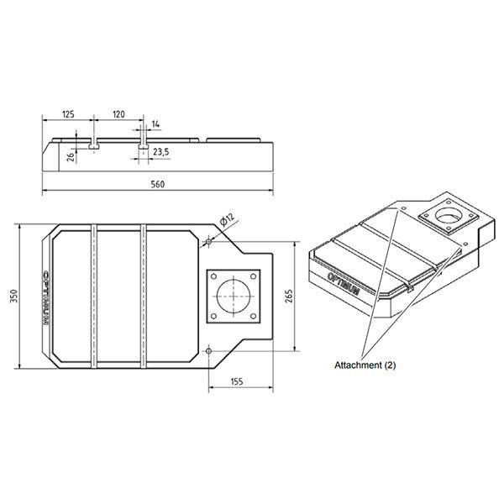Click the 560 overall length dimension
click(158, 185)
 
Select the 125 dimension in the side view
click(68, 114)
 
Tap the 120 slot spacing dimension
click(118, 114)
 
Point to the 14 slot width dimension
click(155, 124)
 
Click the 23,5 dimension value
click(161, 152)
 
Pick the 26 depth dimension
click(71, 156)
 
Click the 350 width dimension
click(13, 296)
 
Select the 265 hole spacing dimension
click(289, 296)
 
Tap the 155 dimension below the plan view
click(237, 381)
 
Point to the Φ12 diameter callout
click(228, 219)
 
